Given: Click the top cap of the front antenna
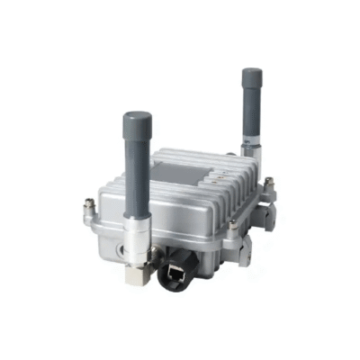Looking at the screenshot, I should click(137, 118).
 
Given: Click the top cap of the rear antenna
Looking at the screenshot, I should click(249, 73).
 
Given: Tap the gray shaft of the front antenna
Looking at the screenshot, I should click(138, 171).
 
